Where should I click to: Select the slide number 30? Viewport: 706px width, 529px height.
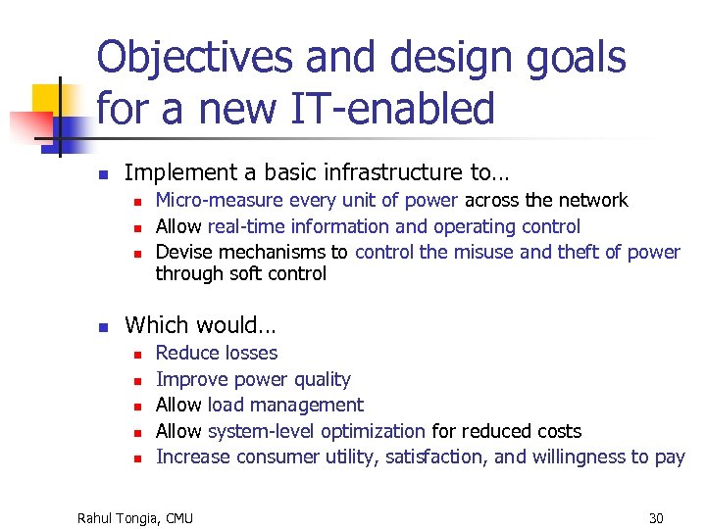pyautogui.click(x=656, y=517)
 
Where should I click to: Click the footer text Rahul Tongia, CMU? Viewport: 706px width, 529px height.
pyautogui.click(x=135, y=517)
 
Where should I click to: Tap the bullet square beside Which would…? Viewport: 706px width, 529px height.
pyautogui.click(x=100, y=326)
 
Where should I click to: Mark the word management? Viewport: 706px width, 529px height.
pyautogui.click(x=310, y=405)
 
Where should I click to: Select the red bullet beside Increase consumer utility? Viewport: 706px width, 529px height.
pyautogui.click(x=139, y=458)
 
